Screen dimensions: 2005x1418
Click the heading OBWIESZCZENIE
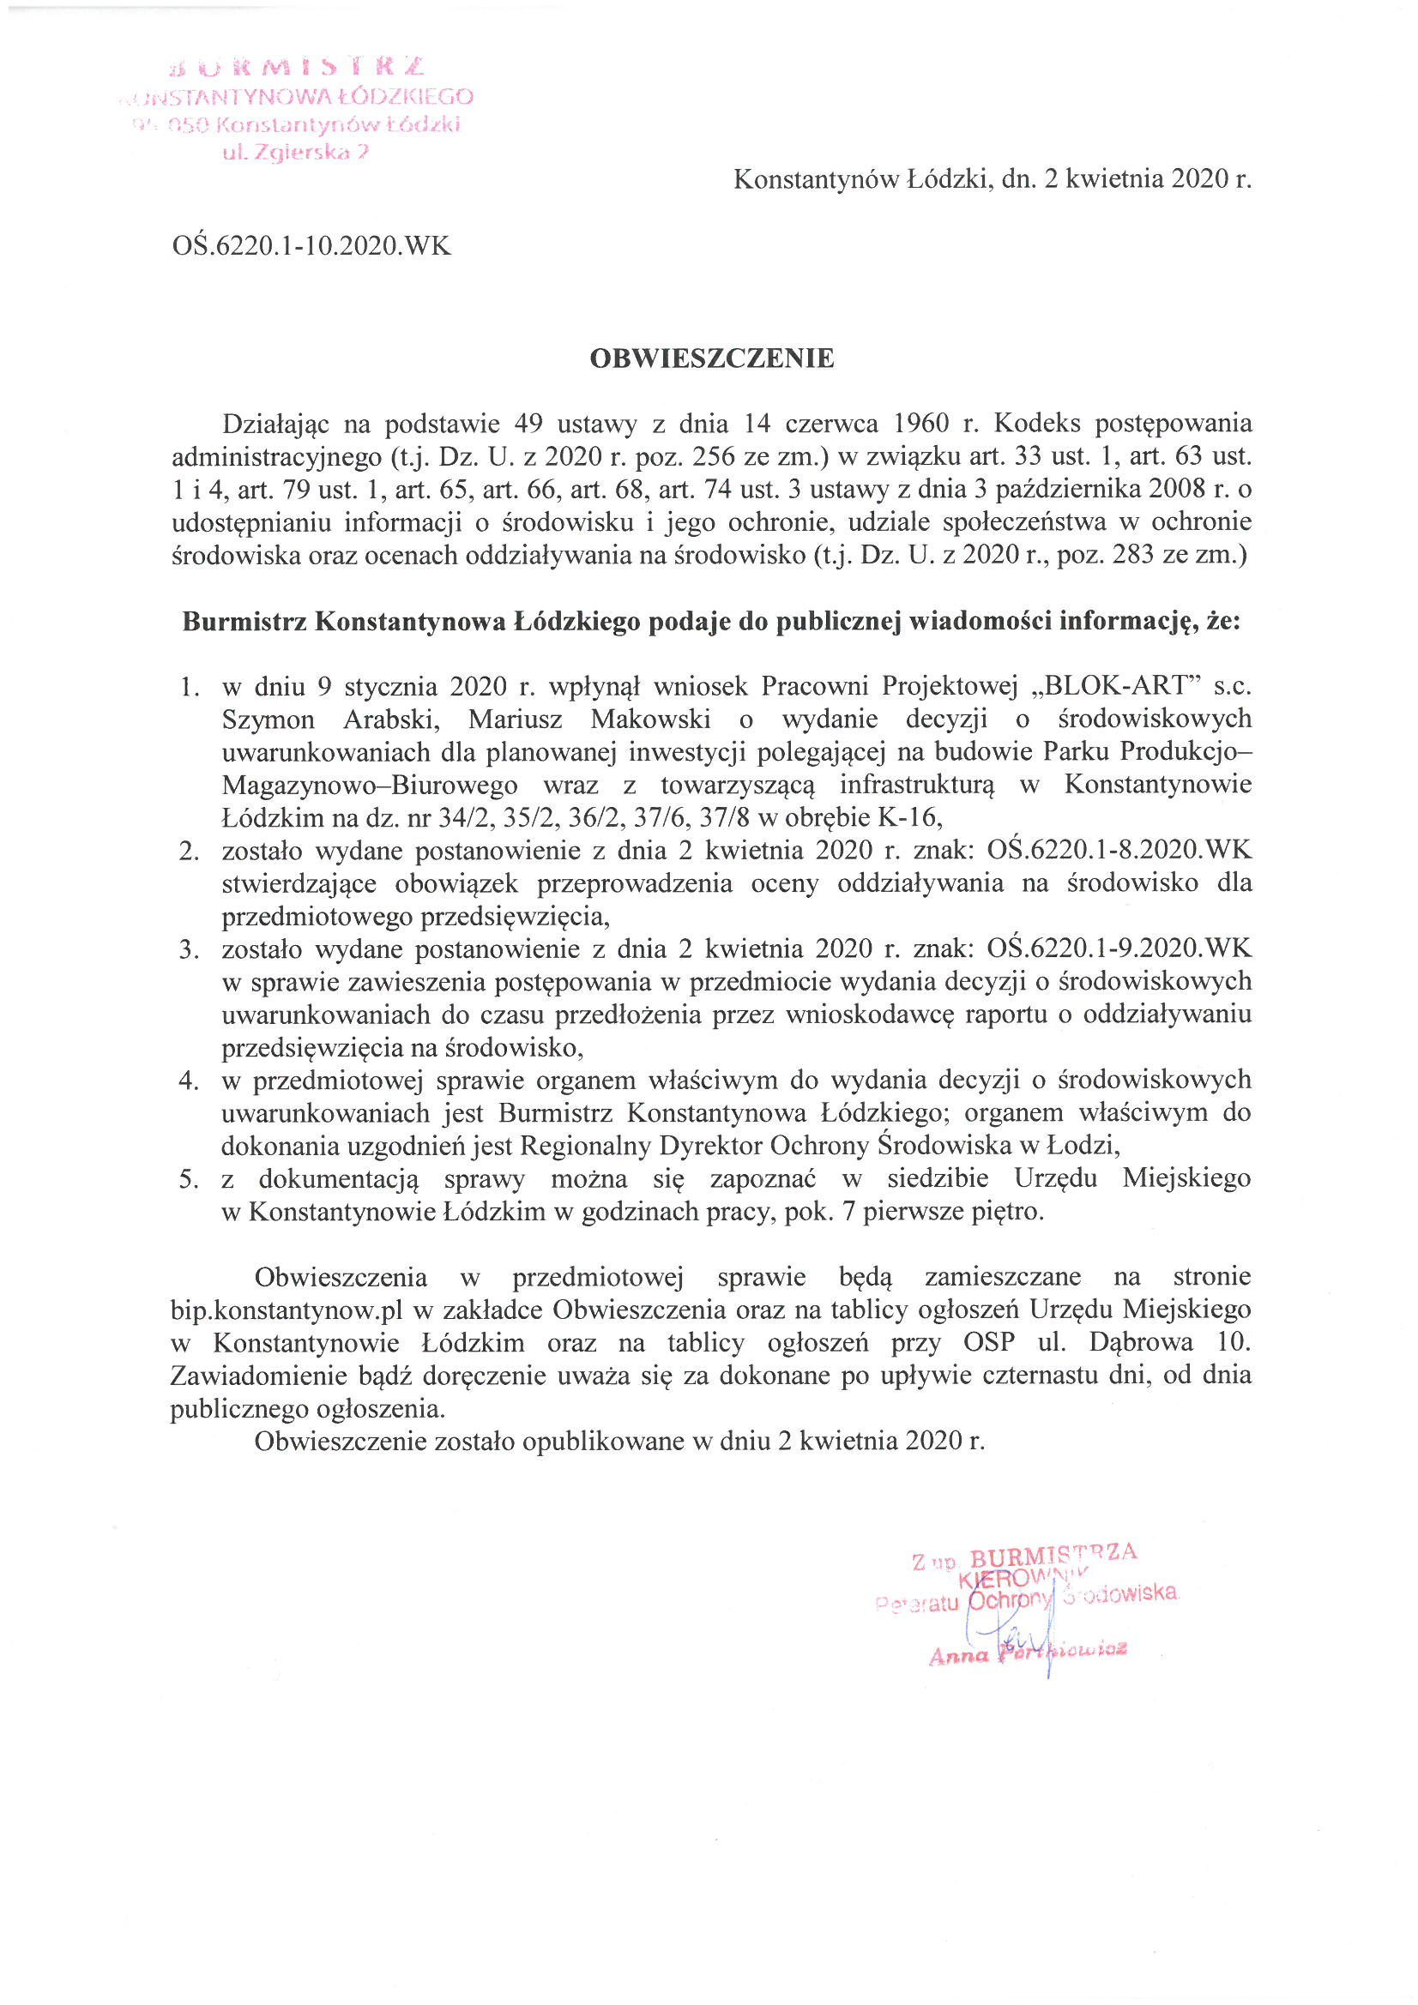pyautogui.click(x=711, y=358)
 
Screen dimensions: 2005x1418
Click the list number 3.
pyautogui.click(x=188, y=949)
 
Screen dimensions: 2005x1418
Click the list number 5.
pyautogui.click(x=188, y=1179)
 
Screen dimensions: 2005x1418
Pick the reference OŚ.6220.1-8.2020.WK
pyautogui.click(x=1119, y=850)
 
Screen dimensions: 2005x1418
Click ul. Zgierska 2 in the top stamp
pyautogui.click(x=296, y=152)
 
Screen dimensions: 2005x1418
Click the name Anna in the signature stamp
pyautogui.click(x=958, y=1657)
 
